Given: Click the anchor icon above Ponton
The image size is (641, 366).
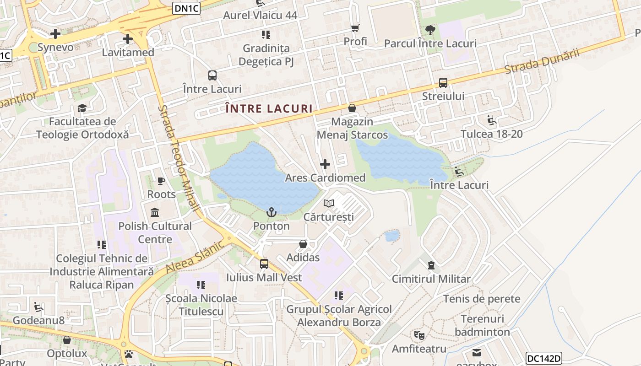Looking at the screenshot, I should pyautogui.click(x=272, y=212).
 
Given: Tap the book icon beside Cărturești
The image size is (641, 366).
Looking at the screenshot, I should pyautogui.click(x=329, y=203).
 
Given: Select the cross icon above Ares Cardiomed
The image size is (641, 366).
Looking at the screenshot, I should pyautogui.click(x=325, y=164).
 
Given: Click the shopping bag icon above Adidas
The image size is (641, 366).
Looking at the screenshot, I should pyautogui.click(x=303, y=244).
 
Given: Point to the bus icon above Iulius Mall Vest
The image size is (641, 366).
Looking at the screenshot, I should pyautogui.click(x=264, y=264).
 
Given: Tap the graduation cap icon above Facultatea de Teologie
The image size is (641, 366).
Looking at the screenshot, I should pyautogui.click(x=82, y=108).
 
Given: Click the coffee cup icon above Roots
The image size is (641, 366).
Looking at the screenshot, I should pyautogui.click(x=161, y=181).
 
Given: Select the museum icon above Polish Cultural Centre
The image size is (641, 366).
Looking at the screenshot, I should pyautogui.click(x=155, y=213).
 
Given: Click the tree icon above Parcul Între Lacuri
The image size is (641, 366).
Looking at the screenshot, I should pyautogui.click(x=430, y=30).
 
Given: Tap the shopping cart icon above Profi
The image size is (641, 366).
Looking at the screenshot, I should pyautogui.click(x=355, y=28).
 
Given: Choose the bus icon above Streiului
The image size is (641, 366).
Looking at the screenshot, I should pyautogui.click(x=443, y=83).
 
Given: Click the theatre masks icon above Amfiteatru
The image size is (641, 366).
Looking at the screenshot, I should pyautogui.click(x=419, y=335).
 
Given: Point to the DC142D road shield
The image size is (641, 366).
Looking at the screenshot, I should pyautogui.click(x=543, y=359).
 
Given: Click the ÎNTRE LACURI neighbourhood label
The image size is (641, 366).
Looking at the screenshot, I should pyautogui.click(x=269, y=109).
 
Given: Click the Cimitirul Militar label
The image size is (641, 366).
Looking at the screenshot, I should pyautogui.click(x=431, y=279).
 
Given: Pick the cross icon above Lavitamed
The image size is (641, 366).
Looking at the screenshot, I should pyautogui.click(x=128, y=39).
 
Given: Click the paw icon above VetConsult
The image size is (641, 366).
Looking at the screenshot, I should pyautogui.click(x=129, y=354).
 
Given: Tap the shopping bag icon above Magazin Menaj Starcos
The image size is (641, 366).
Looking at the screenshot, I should pyautogui.click(x=352, y=108).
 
